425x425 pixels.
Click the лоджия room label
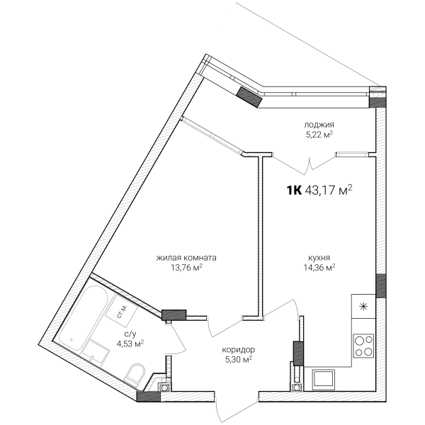pyautogui.click(x=319, y=125)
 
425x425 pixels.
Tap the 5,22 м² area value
pyautogui.click(x=319, y=135)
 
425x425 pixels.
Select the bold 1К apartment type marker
pyautogui.click(x=294, y=191)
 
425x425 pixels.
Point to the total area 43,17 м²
pyautogui.click(x=329, y=191)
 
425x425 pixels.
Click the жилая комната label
pyautogui.click(x=186, y=258)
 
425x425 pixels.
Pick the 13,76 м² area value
pyautogui.click(x=187, y=268)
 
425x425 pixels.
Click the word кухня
pyautogui.click(x=319, y=258)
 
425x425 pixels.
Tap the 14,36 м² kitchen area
pyautogui.click(x=319, y=268)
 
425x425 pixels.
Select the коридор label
pyautogui.click(x=238, y=350)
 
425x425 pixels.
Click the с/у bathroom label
pyautogui.click(x=130, y=334)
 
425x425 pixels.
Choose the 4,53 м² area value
pyautogui.click(x=130, y=344)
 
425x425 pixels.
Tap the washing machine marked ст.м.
pyautogui.click(x=122, y=311)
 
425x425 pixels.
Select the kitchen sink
pyautogui.click(x=324, y=379)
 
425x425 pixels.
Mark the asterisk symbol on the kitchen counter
pyautogui.click(x=363, y=307)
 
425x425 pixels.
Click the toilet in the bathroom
pyautogui.click(x=135, y=374)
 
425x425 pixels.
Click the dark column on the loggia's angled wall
pyautogui.click(x=249, y=97)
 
